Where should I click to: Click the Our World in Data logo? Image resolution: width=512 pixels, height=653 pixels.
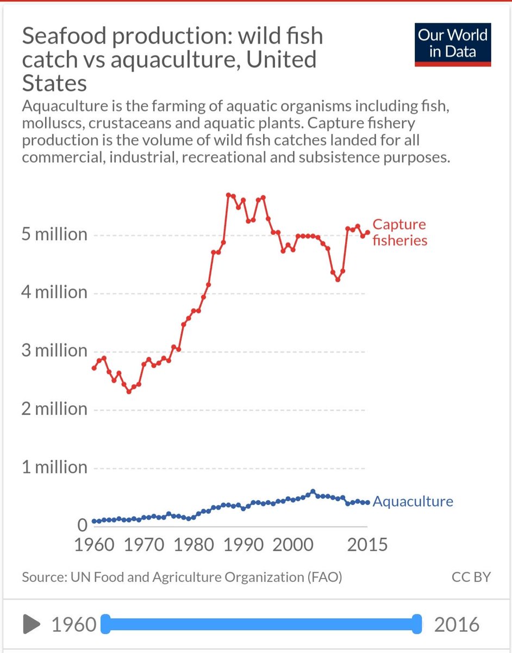(453, 44)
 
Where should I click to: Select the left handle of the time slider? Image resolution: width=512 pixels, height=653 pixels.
(106, 624)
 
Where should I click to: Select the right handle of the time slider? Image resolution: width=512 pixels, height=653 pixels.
(417, 624)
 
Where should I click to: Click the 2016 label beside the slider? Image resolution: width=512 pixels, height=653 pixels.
(457, 624)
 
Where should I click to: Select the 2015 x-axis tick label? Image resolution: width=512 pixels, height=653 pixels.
(367, 544)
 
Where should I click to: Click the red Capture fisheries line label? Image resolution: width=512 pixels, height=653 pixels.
(399, 232)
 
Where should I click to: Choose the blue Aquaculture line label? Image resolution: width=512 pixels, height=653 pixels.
(413, 501)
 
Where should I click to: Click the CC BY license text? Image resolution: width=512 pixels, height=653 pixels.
(471, 577)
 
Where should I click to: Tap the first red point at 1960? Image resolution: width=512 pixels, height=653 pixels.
(94, 368)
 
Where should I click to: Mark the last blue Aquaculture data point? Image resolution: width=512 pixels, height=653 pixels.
(368, 503)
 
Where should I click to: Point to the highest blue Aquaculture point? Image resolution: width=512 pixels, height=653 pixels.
(313, 491)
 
